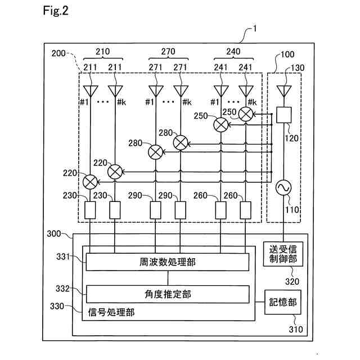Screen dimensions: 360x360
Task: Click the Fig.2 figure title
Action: tap(56, 11)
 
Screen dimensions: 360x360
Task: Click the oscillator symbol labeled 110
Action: tap(283, 187)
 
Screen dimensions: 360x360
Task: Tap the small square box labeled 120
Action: tap(284, 115)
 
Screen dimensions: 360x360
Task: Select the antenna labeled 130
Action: tap(284, 91)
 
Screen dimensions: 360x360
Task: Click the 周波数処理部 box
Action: tap(168, 262)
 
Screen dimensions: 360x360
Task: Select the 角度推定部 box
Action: tap(168, 294)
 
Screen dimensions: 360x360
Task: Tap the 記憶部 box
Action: tap(283, 302)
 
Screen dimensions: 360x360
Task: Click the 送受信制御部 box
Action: tap(283, 254)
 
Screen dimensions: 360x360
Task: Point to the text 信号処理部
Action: tap(111, 312)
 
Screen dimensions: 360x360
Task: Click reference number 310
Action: tap(296, 329)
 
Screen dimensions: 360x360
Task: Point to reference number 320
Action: tap(292, 281)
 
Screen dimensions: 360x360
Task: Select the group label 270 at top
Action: tap(168, 51)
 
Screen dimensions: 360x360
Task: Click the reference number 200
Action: tap(58, 53)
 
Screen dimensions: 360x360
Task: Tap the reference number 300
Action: tap(54, 234)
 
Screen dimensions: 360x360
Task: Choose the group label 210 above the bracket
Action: tap(102, 51)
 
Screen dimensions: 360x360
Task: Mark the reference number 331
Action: tap(63, 256)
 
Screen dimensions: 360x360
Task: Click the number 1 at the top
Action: tap(254, 29)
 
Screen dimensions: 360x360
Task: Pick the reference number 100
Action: tap(287, 55)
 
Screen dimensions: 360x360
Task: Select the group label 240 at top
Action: tap(233, 51)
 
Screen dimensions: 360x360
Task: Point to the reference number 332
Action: tap(62, 289)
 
